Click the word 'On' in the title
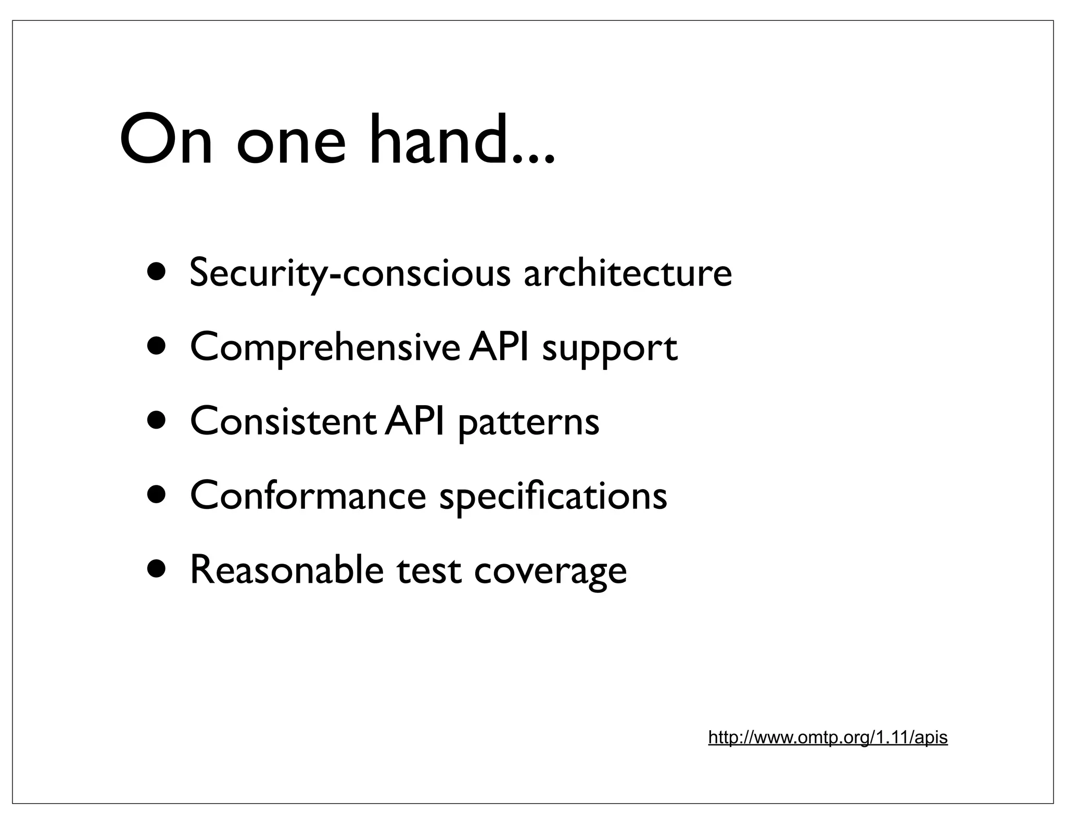tap(166, 140)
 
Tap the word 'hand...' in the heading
tap(462, 140)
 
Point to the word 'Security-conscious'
tap(349, 273)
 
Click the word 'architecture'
tap(627, 273)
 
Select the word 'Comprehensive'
tap(325, 347)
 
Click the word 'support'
tap(610, 349)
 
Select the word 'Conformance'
tap(308, 495)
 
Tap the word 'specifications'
tap(553, 496)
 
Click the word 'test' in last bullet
tap(428, 570)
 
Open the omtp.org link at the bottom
tap(828, 738)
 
